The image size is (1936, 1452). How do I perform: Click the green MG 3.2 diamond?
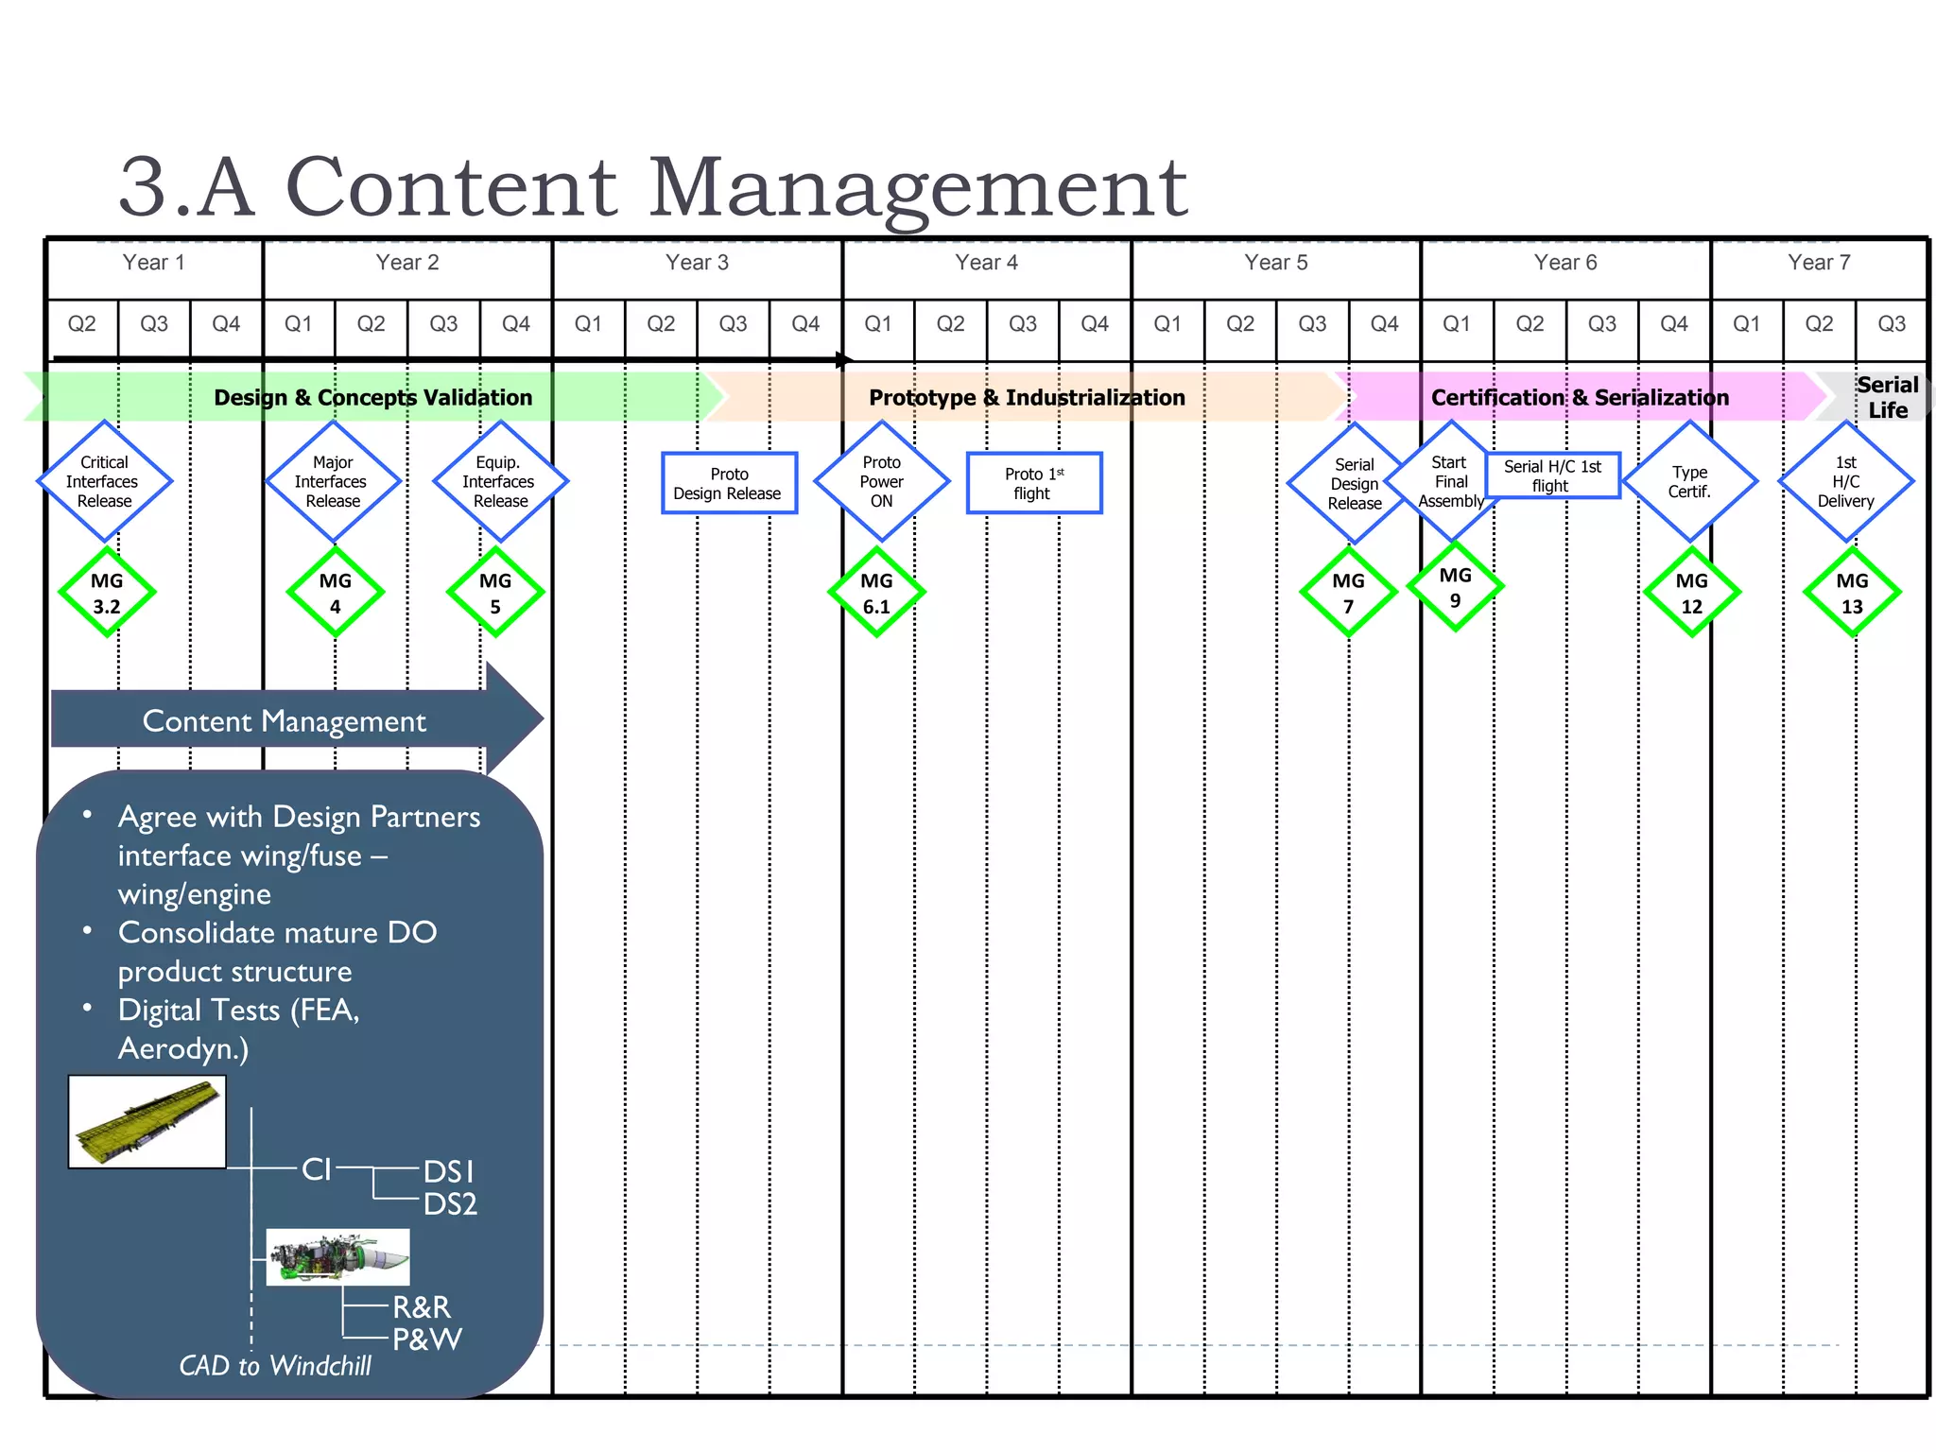click(107, 593)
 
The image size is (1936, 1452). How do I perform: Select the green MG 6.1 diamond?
click(876, 593)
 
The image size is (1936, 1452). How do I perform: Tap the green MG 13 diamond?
click(1852, 593)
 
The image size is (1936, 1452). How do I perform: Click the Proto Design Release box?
click(729, 483)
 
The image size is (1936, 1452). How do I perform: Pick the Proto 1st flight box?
click(1034, 483)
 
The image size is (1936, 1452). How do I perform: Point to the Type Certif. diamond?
click(1689, 481)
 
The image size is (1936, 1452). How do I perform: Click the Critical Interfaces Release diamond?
click(104, 481)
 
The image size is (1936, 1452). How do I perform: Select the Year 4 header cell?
click(986, 264)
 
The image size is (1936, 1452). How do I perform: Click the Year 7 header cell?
click(1819, 264)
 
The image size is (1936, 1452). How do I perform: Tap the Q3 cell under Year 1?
click(154, 324)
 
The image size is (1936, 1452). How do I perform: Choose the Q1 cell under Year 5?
click(1167, 324)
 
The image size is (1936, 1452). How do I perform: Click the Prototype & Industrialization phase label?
click(1027, 397)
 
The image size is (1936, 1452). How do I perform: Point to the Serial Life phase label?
click(1887, 397)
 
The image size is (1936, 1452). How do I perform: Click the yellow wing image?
click(147, 1121)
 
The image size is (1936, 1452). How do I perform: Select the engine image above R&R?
click(337, 1257)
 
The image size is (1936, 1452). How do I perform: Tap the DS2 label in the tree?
click(450, 1204)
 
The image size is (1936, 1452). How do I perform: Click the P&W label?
click(426, 1339)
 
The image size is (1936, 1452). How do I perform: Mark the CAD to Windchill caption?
click(275, 1365)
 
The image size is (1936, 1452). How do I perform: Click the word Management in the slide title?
click(917, 187)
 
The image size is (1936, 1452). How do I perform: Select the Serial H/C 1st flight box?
click(1552, 475)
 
